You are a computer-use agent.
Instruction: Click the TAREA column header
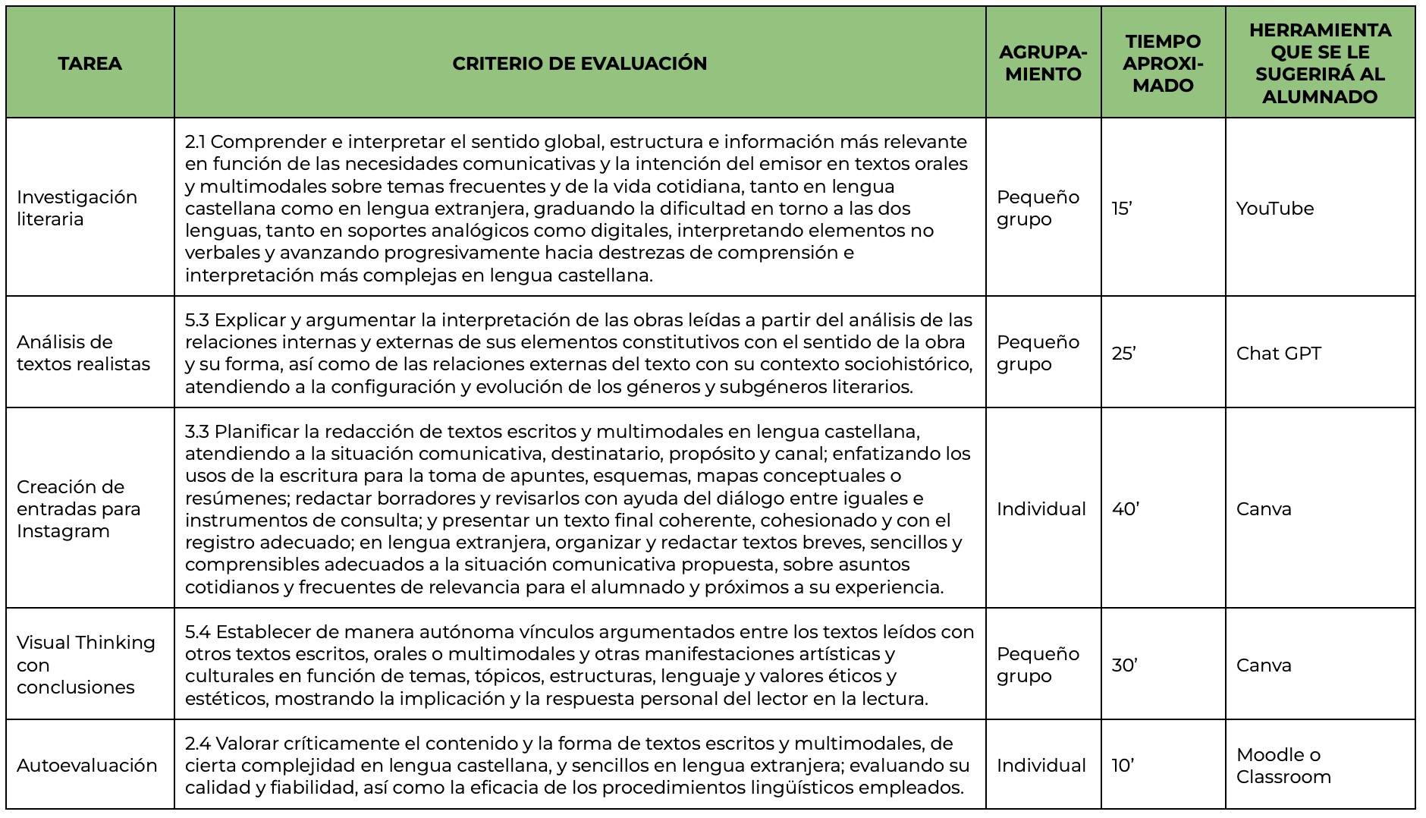tap(90, 63)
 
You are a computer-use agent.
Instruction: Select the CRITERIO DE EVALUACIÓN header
tap(580, 63)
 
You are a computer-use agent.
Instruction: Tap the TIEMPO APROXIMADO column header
tap(1163, 63)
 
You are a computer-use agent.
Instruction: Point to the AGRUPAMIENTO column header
tap(1043, 63)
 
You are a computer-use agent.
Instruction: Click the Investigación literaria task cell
tap(77, 208)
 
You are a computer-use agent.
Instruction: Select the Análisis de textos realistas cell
tap(83, 353)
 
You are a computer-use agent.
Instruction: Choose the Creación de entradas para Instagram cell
tap(78, 508)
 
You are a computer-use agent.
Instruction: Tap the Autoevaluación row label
tap(87, 765)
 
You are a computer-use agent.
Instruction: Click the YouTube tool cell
tap(1274, 209)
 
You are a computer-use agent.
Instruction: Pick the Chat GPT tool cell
tap(1278, 354)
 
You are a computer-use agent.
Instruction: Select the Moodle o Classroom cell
tap(1283, 766)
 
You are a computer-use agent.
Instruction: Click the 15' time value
tap(1122, 209)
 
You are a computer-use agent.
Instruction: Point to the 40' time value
tap(1126, 509)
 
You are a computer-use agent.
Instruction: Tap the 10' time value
tap(1123, 766)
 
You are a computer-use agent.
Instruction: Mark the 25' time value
tap(1123, 354)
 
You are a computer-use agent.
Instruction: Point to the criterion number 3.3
tap(197, 432)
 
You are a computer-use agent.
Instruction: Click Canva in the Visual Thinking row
tap(1264, 665)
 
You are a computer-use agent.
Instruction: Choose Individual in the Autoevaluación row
tap(1041, 766)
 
